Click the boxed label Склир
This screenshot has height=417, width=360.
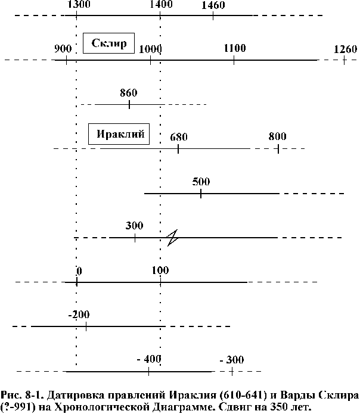click(x=108, y=43)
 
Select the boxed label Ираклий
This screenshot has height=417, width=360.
click(x=119, y=134)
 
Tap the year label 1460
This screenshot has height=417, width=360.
click(x=213, y=5)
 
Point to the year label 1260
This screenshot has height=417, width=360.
click(x=345, y=49)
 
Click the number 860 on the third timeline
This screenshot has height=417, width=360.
click(x=129, y=93)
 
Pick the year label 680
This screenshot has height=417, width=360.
click(x=179, y=137)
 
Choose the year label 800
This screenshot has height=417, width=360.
click(x=277, y=136)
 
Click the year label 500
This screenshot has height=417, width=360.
click(x=201, y=182)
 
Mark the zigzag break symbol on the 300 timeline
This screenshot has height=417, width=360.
click(x=172, y=238)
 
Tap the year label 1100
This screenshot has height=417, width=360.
click(x=235, y=48)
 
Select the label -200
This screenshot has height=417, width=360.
click(x=79, y=315)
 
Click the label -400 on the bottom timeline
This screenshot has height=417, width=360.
click(x=149, y=359)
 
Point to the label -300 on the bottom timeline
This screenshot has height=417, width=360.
click(x=231, y=360)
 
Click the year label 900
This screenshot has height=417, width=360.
click(x=63, y=49)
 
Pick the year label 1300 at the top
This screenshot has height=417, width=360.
click(x=79, y=4)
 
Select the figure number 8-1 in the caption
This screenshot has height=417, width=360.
click(x=34, y=395)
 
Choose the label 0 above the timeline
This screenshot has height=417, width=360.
click(x=79, y=271)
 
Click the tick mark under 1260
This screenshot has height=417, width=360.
click(x=345, y=60)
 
